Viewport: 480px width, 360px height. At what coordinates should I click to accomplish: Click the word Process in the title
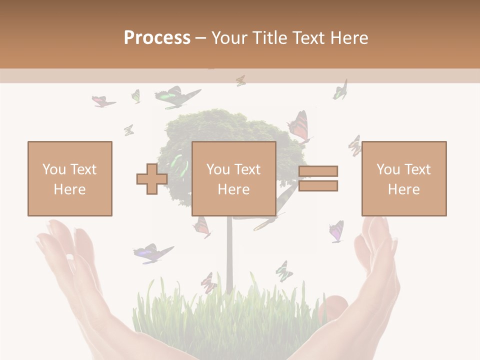(157, 38)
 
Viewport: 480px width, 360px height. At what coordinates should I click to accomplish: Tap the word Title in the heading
(270, 38)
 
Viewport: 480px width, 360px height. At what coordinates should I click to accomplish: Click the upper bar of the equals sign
(318, 171)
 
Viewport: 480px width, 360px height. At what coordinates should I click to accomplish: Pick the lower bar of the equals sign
(318, 186)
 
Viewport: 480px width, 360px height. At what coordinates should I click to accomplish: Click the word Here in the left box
(69, 189)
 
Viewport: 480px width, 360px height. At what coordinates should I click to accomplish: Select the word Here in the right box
(403, 189)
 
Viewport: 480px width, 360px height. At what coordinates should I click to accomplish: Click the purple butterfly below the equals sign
(336, 231)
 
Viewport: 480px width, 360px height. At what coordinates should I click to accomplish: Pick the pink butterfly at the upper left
(103, 101)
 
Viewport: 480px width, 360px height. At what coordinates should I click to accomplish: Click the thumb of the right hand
(334, 305)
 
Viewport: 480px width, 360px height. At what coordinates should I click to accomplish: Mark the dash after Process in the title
(200, 38)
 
